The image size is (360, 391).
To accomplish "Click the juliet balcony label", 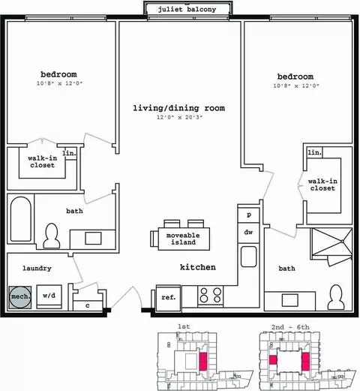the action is (x=187, y=10).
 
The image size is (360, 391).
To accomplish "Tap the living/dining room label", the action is (x=178, y=108).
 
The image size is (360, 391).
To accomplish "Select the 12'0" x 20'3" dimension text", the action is (x=179, y=117).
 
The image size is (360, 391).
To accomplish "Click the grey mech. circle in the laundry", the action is (x=20, y=297).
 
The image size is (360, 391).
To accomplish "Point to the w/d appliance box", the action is (x=49, y=296).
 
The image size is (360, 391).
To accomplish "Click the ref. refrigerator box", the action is (x=168, y=298).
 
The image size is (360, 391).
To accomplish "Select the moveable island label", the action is (x=183, y=239).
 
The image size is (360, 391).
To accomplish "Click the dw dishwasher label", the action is (x=248, y=232).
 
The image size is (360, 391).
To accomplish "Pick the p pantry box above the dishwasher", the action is (x=249, y=215).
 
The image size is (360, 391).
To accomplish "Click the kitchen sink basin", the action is (x=249, y=257).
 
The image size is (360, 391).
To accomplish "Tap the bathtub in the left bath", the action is (x=21, y=219).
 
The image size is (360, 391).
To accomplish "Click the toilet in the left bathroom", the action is (x=52, y=236).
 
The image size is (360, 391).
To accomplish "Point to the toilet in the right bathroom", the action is (x=336, y=298).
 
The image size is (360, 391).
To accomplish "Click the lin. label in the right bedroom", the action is (x=314, y=152).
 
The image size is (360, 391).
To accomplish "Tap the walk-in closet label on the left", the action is (x=43, y=161).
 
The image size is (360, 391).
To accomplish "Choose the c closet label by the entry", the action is (x=88, y=305).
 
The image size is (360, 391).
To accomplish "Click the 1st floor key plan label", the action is (x=184, y=326).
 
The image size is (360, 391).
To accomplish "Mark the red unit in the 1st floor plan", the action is (x=203, y=362).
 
